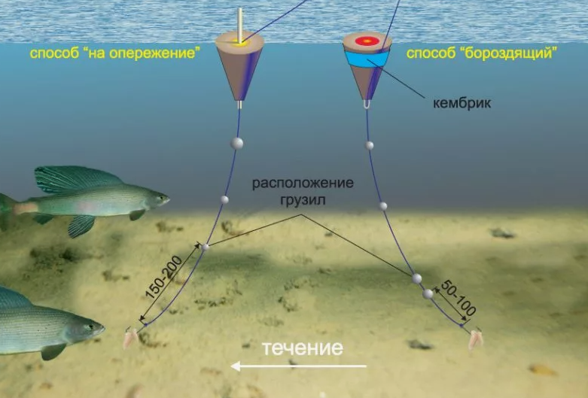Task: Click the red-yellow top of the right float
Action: tap(367, 40)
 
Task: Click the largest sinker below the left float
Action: tap(237, 143)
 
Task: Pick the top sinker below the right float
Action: tap(370, 145)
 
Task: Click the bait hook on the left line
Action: tap(131, 338)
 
